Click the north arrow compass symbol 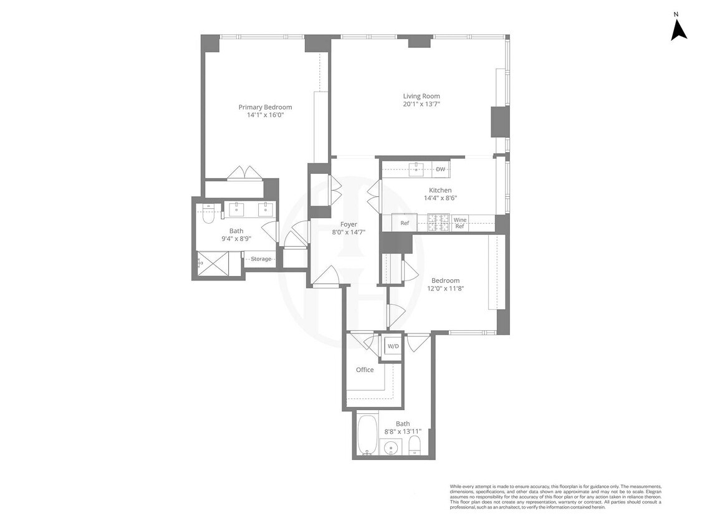(678, 29)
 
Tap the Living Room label (421, 96)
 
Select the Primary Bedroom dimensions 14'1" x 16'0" (265, 115)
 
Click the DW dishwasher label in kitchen (440, 169)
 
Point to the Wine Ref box (459, 223)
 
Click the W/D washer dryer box (393, 346)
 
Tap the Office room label (365, 370)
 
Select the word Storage (261, 259)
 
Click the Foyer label (349, 224)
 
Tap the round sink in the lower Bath (391, 447)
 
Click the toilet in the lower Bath (415, 446)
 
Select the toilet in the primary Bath (208, 214)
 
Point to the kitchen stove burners (438, 222)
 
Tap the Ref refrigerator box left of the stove (405, 223)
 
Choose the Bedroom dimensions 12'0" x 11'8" (445, 289)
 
